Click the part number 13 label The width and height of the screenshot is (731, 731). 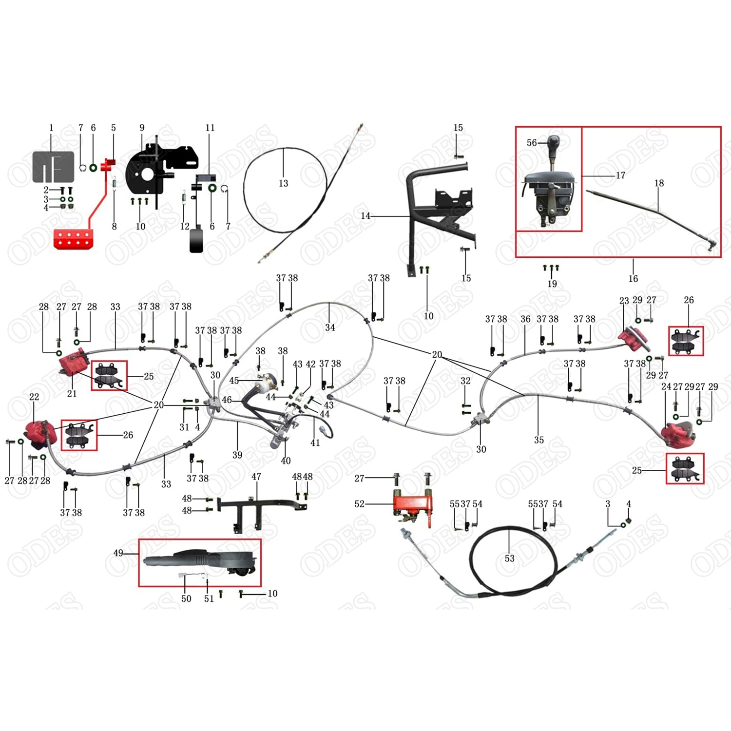click(283, 184)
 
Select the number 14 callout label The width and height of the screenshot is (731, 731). click(365, 216)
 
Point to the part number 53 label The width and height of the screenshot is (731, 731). click(509, 558)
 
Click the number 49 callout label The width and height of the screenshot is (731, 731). click(118, 553)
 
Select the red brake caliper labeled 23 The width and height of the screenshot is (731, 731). click(633, 338)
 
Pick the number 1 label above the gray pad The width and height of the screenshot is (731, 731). click(51, 128)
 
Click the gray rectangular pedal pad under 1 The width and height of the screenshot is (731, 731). click(53, 167)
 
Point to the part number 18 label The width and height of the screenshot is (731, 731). click(659, 183)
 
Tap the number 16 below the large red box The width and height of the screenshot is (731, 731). click(633, 279)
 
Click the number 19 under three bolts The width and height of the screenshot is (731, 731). click(552, 284)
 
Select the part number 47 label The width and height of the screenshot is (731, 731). click(256, 477)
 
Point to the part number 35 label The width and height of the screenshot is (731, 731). click(539, 440)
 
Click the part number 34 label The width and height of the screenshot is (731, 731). click(330, 328)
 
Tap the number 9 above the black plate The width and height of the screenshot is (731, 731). click(142, 128)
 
